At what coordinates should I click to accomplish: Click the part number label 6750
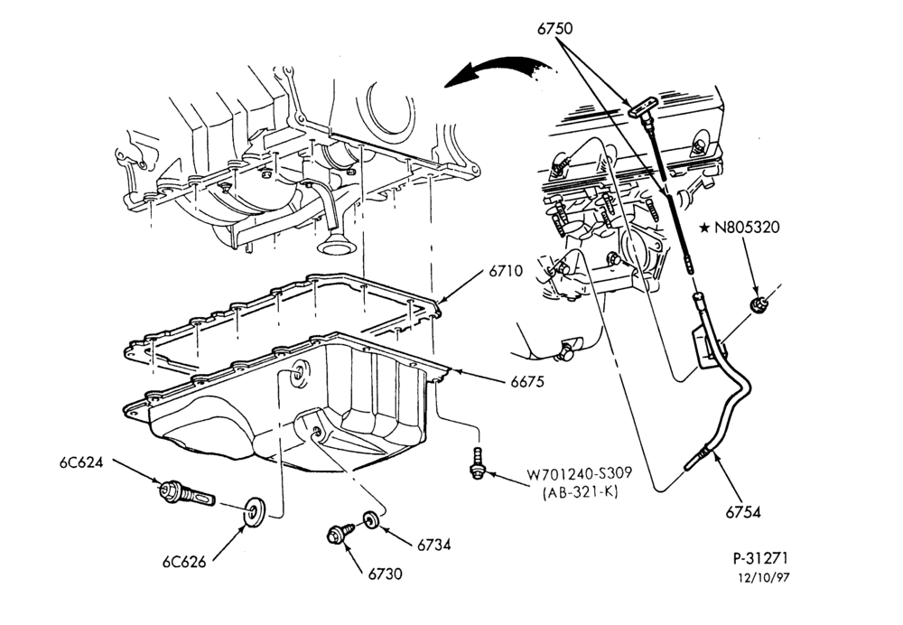click(x=555, y=28)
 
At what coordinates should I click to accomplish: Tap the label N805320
click(x=747, y=228)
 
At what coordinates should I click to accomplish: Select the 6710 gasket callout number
click(x=507, y=271)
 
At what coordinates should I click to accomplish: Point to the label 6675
click(x=527, y=381)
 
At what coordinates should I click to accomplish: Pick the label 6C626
click(x=183, y=562)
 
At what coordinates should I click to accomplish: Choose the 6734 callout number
click(x=433, y=545)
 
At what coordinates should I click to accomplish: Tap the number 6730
click(x=386, y=574)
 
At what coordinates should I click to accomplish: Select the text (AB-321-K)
click(x=580, y=493)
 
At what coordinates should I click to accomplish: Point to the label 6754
click(x=743, y=511)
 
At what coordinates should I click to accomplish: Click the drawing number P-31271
click(x=760, y=557)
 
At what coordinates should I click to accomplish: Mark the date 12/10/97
click(x=764, y=577)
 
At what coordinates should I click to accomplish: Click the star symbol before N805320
click(x=704, y=229)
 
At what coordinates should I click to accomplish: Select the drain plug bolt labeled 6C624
click(x=185, y=494)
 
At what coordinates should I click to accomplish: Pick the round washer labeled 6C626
click(x=254, y=510)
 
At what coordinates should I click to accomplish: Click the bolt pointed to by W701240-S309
click(x=477, y=462)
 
